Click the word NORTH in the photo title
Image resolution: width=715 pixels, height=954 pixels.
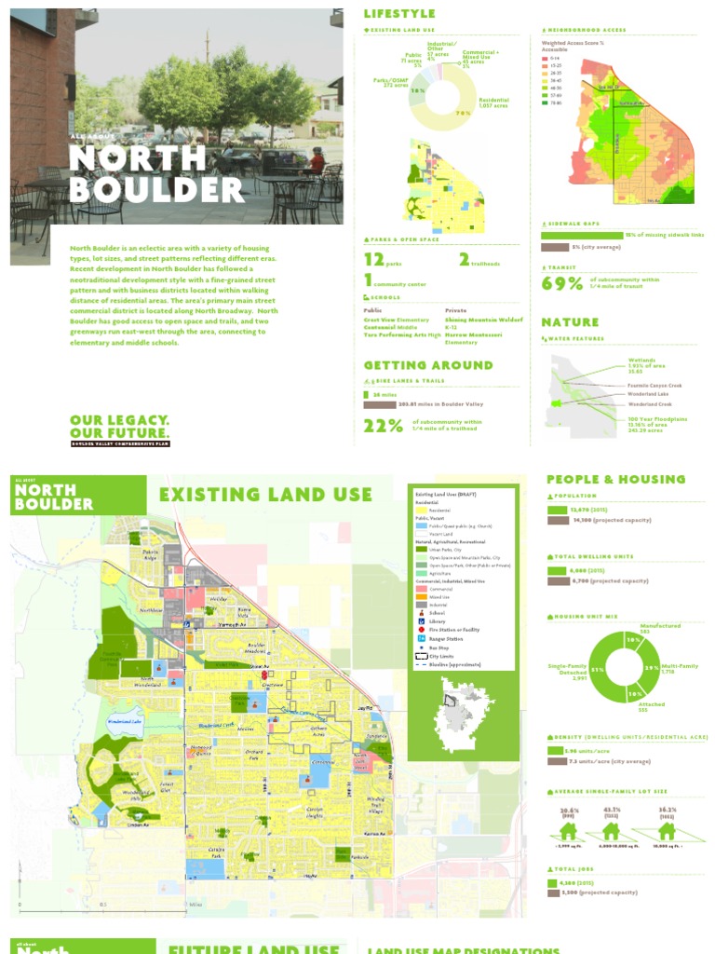click(x=137, y=157)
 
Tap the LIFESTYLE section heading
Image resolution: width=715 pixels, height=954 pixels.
click(x=398, y=14)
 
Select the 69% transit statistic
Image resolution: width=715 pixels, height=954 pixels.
click(x=561, y=283)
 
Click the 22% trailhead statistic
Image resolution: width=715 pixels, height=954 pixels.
click(x=383, y=426)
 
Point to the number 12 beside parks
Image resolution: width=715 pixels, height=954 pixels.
click(x=373, y=259)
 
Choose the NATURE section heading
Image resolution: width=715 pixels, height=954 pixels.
click(x=570, y=322)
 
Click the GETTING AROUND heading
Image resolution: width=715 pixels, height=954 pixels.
click(x=427, y=365)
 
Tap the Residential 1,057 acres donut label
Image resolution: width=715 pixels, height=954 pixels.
click(x=492, y=103)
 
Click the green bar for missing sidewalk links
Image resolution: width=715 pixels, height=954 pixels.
click(x=582, y=235)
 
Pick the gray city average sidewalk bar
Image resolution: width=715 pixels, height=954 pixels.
click(x=555, y=247)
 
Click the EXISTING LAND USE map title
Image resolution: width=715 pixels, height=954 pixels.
click(x=265, y=494)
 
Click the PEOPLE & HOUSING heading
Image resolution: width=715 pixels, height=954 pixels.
click(x=615, y=479)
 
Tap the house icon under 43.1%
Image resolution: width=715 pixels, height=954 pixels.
click(x=612, y=830)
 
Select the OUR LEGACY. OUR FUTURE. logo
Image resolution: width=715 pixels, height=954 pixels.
click(x=119, y=428)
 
